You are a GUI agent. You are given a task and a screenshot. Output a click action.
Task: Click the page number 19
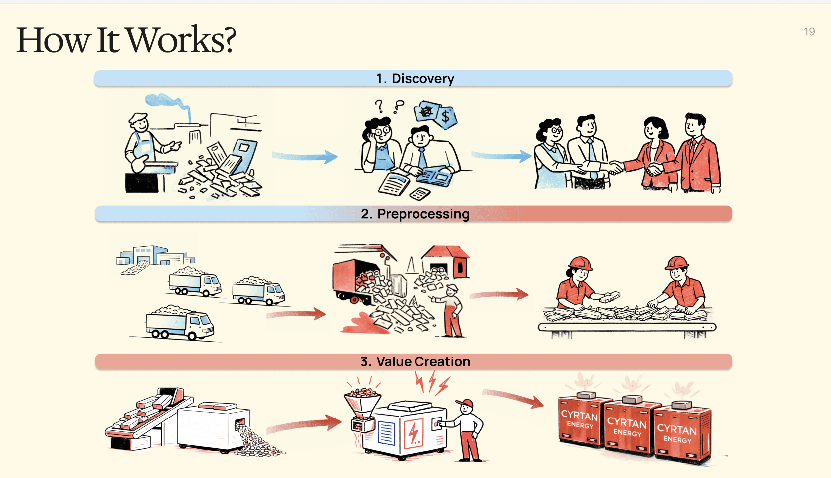click(x=809, y=32)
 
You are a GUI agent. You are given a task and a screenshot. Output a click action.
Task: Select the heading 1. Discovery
click(x=415, y=79)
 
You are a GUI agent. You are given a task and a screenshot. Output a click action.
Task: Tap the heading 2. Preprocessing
click(x=415, y=214)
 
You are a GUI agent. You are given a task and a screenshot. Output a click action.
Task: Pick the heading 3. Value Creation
click(x=415, y=361)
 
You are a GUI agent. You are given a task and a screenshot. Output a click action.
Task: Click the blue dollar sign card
click(x=446, y=118)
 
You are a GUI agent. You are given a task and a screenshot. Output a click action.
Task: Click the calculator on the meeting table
click(x=420, y=194)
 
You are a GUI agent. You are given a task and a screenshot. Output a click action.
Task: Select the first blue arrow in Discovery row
click(x=304, y=157)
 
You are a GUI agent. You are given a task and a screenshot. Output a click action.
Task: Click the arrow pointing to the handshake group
click(x=501, y=156)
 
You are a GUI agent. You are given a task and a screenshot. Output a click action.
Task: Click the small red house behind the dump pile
click(x=446, y=260)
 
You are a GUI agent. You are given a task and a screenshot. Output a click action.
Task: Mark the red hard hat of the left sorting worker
click(x=580, y=263)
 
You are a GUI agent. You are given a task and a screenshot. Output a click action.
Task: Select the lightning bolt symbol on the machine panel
click(x=414, y=432)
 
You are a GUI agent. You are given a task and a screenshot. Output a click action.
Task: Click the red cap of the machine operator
click(x=465, y=402)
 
